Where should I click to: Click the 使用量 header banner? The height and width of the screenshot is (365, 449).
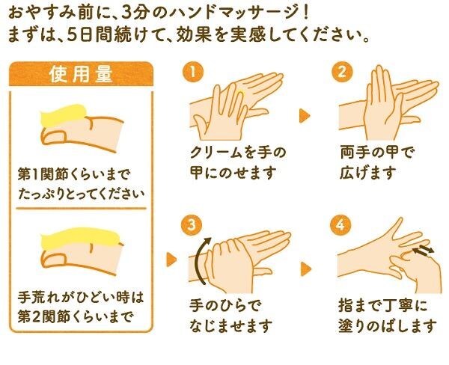point(81,74)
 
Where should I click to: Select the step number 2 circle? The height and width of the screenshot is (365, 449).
point(342,73)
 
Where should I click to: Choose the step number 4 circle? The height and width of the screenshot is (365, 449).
point(342,224)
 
